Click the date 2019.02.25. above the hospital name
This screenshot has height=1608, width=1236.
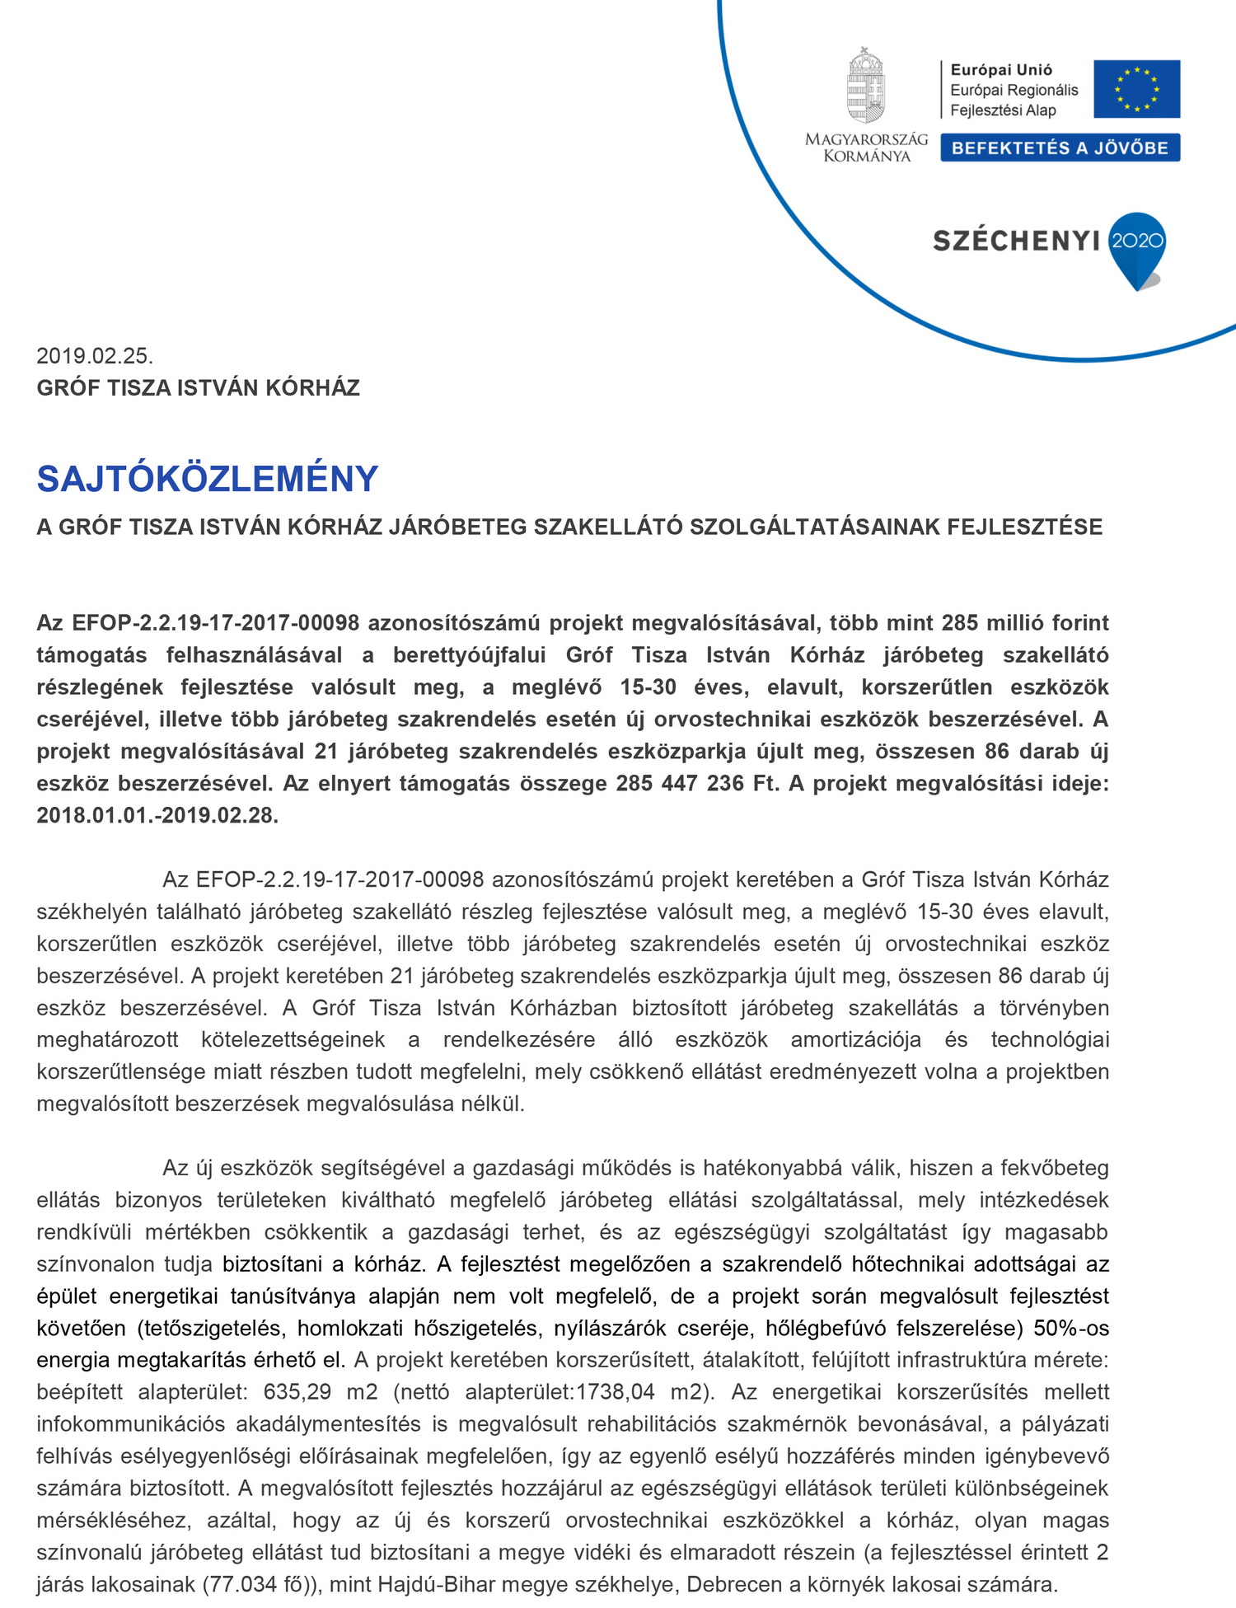pyautogui.click(x=95, y=356)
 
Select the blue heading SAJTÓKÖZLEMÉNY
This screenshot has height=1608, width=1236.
pyautogui.click(x=208, y=479)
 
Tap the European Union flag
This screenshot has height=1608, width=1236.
pyautogui.click(x=1136, y=89)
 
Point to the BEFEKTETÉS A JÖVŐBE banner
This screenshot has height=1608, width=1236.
pyautogui.click(x=1060, y=148)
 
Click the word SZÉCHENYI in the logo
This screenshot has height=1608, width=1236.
pyautogui.click(x=1016, y=241)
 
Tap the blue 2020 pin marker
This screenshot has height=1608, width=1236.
pyautogui.click(x=1137, y=245)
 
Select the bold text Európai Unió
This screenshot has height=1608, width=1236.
pyautogui.click(x=1001, y=70)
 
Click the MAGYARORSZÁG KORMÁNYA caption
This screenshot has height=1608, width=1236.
pyautogui.click(x=866, y=148)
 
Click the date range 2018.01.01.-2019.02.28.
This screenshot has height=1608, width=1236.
pyautogui.click(x=157, y=815)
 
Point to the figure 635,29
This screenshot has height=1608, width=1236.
pyautogui.click(x=297, y=1392)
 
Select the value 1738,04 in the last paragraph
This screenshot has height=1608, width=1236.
pyautogui.click(x=615, y=1392)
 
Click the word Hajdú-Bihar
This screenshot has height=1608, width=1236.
pyautogui.click(x=439, y=1584)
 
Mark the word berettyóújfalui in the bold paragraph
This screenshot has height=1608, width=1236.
pyautogui.click(x=469, y=655)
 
